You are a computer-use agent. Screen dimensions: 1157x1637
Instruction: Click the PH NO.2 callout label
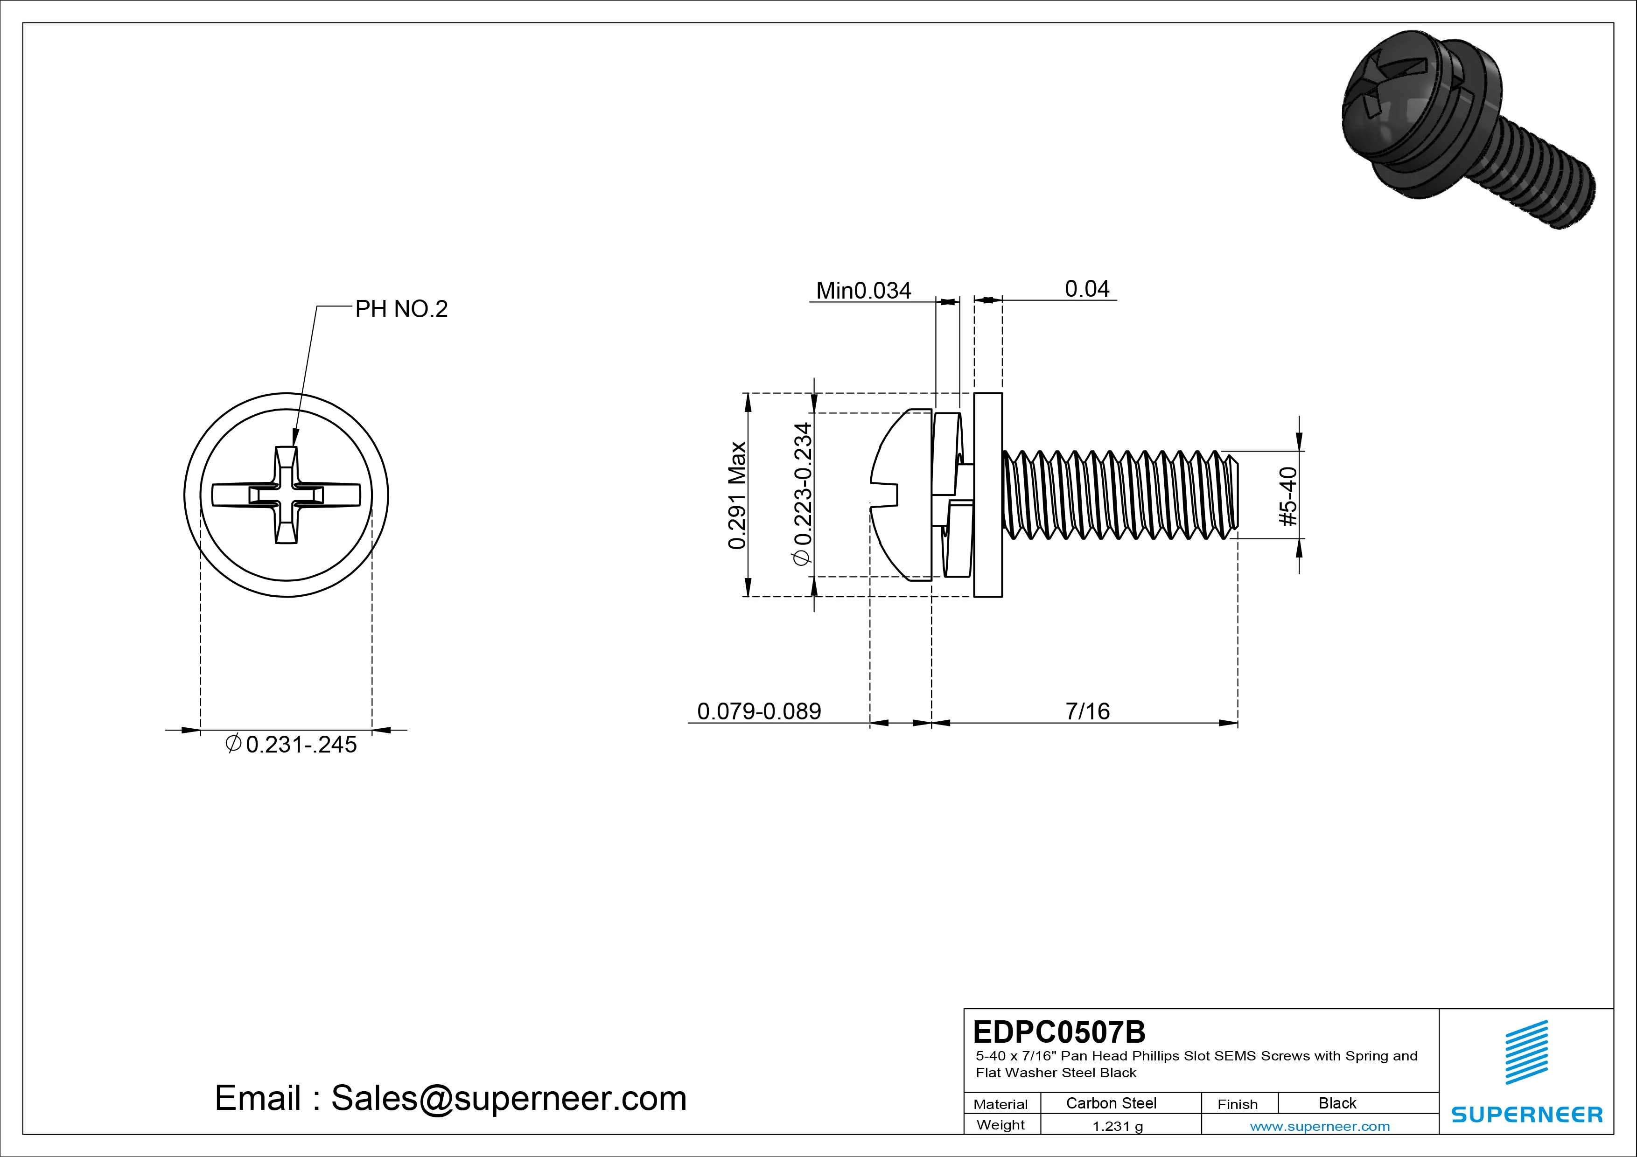coord(401,309)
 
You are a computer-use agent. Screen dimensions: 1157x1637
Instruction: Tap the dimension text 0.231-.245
coord(292,745)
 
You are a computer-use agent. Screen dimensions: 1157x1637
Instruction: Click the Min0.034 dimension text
coord(863,290)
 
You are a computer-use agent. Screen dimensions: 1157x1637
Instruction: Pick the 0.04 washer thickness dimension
coord(1086,289)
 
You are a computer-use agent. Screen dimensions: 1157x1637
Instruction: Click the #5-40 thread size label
coord(1289,496)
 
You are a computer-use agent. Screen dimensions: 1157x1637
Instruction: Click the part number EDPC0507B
coord(1059,1032)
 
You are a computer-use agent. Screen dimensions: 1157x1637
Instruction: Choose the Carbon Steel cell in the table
coord(1111,1103)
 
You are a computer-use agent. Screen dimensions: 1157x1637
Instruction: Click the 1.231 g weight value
coord(1117,1126)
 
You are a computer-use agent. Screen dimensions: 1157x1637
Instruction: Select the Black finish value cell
coord(1337,1103)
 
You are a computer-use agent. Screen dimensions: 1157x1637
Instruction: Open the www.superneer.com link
coord(1320,1126)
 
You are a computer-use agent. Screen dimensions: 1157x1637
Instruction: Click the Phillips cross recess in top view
coord(286,495)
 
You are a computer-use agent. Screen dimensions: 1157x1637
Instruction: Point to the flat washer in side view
coord(987,495)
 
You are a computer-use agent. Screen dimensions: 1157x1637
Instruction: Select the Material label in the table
coord(1000,1104)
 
